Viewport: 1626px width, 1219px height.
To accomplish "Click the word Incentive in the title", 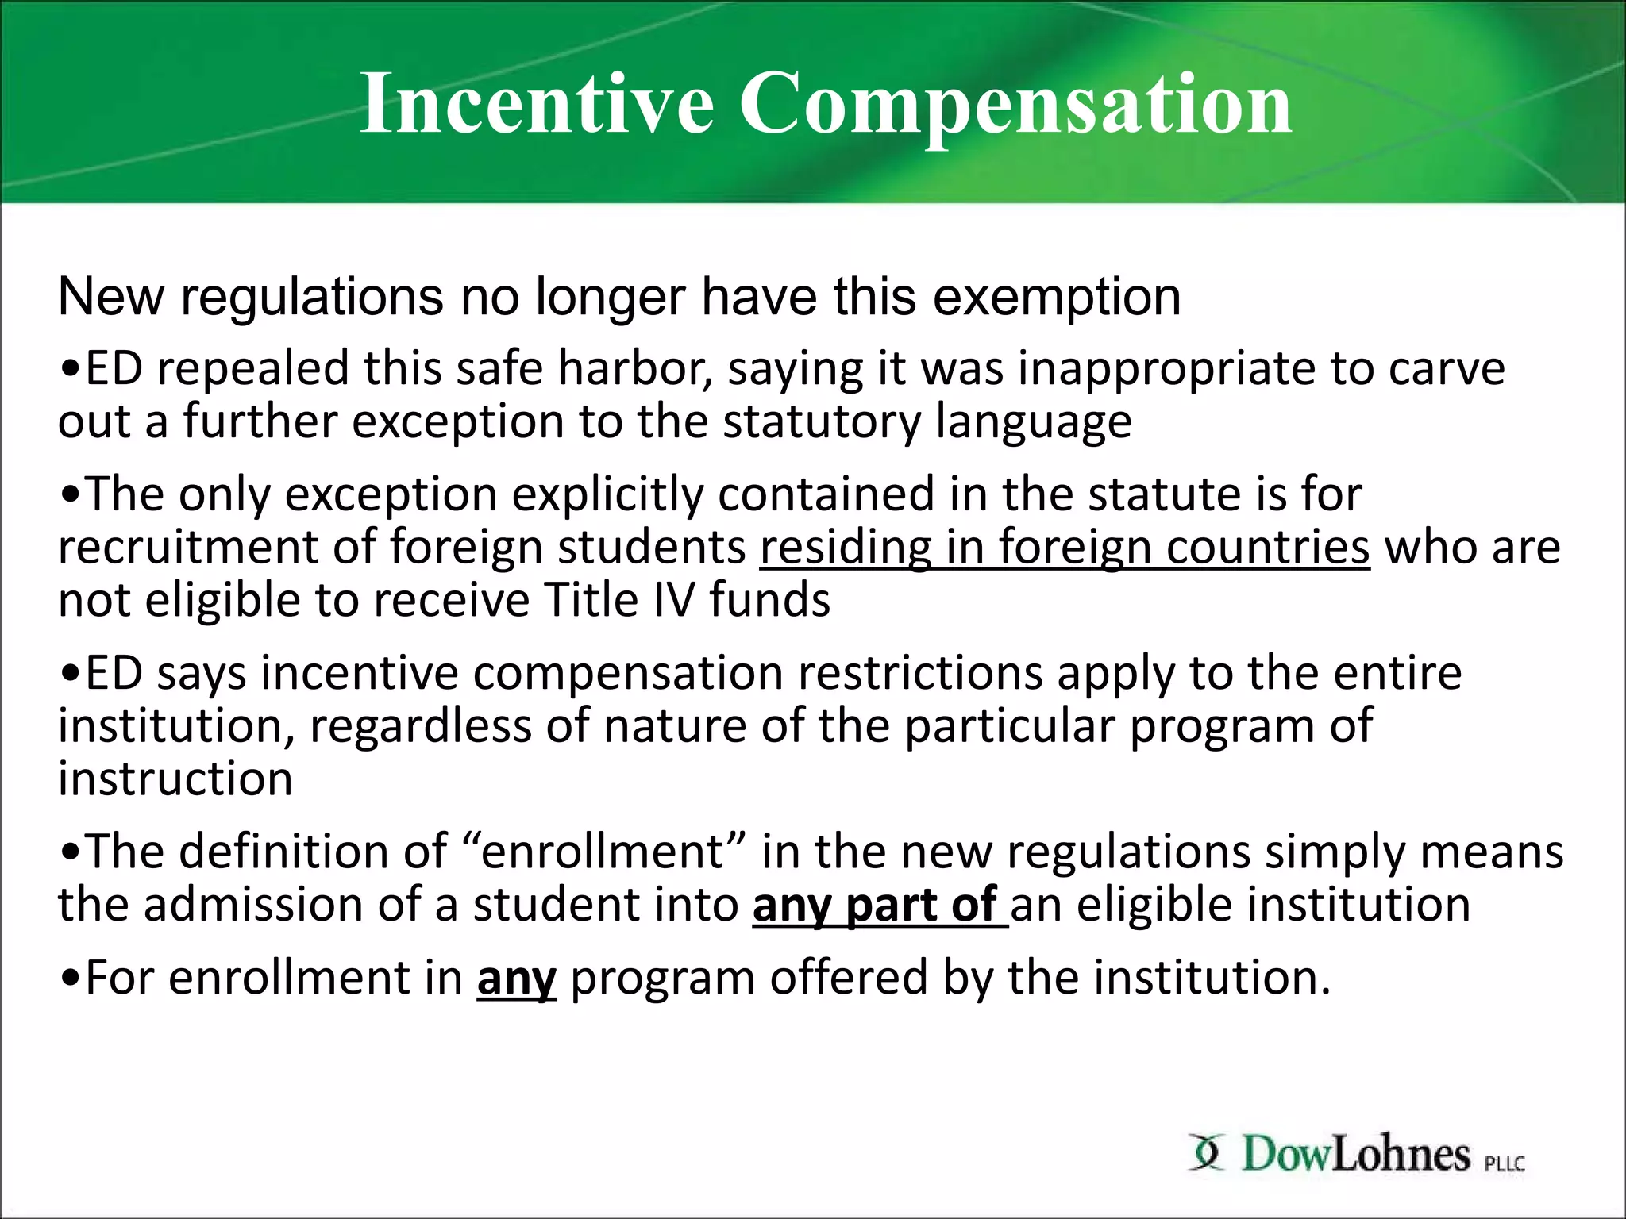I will (x=537, y=103).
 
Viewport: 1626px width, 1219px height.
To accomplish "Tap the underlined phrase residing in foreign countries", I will (x=1065, y=548).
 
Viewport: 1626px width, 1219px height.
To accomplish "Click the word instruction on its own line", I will (x=175, y=779).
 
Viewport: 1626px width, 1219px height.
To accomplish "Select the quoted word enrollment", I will (x=602, y=852).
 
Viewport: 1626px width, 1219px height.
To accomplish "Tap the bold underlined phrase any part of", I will (x=877, y=905).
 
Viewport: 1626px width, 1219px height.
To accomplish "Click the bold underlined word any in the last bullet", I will (x=516, y=978).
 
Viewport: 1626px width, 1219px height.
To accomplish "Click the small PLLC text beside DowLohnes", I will (x=1504, y=1163).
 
